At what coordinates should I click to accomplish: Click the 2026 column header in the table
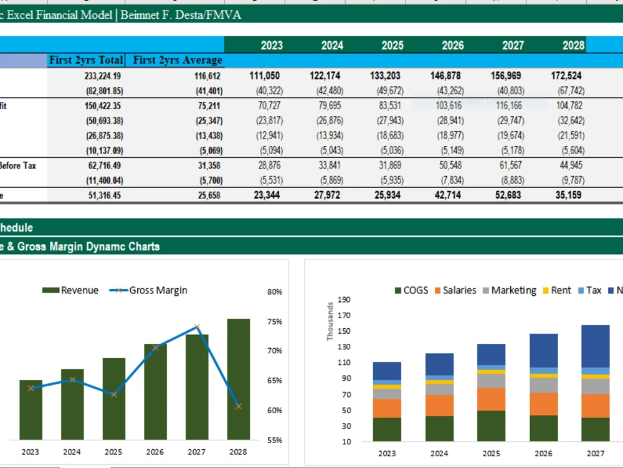click(453, 45)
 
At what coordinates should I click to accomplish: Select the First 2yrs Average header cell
click(178, 61)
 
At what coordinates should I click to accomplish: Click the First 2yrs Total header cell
click(86, 61)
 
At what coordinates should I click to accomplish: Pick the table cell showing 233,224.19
click(103, 76)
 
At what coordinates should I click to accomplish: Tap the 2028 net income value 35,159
click(567, 195)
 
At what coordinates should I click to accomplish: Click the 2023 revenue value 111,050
click(265, 76)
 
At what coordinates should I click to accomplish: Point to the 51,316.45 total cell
click(103, 195)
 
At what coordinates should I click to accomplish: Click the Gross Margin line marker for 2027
click(197, 327)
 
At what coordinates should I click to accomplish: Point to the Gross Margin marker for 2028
click(239, 406)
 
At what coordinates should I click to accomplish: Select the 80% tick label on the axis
click(275, 291)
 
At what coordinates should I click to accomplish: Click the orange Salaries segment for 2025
click(491, 399)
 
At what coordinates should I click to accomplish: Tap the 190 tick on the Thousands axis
click(344, 300)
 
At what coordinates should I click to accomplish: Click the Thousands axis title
click(330, 321)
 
